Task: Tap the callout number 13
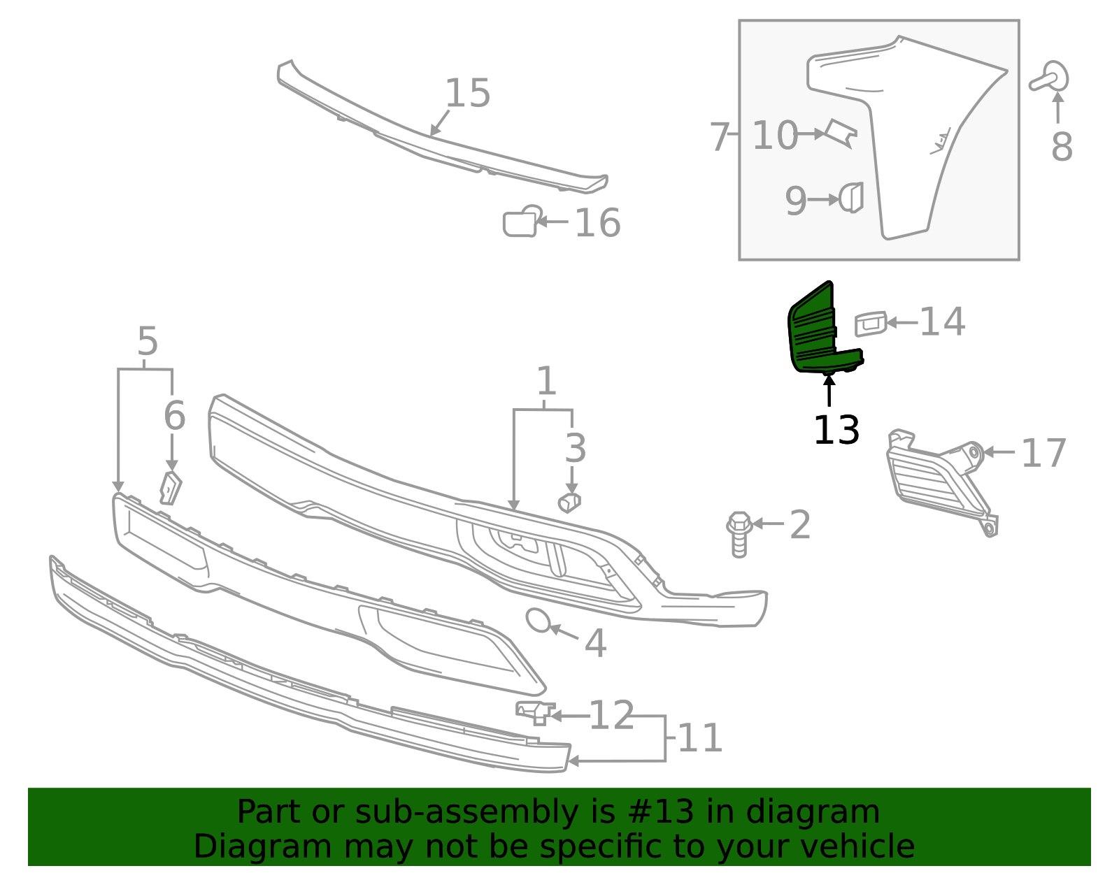click(x=836, y=430)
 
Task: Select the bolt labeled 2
click(x=739, y=535)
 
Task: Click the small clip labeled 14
click(x=870, y=324)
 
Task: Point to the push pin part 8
click(x=1050, y=78)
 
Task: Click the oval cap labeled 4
click(x=539, y=621)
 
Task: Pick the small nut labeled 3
click(x=569, y=502)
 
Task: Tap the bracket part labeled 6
click(x=170, y=488)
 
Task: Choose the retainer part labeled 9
click(x=852, y=198)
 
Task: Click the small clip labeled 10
click(x=841, y=133)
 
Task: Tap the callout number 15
click(x=467, y=93)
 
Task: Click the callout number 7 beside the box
click(x=719, y=136)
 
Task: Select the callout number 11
click(x=700, y=738)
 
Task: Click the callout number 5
click(x=148, y=341)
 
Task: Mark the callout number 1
click(x=546, y=382)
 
